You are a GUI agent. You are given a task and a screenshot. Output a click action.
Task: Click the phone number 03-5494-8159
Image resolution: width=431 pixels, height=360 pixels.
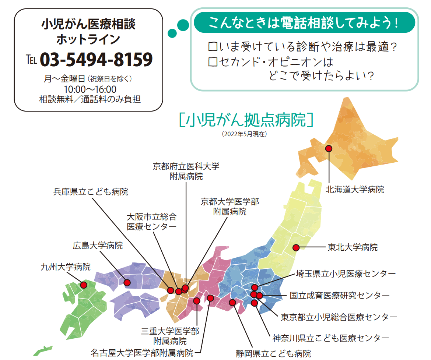[x=96, y=60]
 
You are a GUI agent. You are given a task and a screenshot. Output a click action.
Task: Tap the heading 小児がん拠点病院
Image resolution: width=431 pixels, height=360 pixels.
[x=246, y=120]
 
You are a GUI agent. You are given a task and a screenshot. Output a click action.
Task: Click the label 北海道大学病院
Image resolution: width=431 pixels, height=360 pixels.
[x=355, y=190]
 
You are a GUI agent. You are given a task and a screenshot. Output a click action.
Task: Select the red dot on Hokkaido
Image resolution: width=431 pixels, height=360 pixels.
[x=329, y=148]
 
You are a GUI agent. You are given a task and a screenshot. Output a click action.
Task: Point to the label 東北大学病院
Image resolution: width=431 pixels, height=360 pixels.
[x=353, y=247]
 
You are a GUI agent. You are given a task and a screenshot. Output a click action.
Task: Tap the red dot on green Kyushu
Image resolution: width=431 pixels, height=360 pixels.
[x=84, y=285]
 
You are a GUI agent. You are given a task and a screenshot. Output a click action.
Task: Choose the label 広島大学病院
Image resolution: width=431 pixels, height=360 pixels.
[x=98, y=246]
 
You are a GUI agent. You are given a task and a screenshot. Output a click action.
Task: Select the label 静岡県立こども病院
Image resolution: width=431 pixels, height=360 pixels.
[x=273, y=354]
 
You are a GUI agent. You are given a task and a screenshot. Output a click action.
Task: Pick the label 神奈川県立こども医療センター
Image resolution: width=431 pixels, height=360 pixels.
[x=330, y=338]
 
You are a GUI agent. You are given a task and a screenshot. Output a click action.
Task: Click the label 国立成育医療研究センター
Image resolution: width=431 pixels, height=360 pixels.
[x=339, y=295]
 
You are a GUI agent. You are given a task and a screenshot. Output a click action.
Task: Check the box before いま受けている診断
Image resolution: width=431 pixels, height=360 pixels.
[x=212, y=47]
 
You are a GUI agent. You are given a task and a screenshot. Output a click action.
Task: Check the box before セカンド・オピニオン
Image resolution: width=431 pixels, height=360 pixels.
[x=212, y=61]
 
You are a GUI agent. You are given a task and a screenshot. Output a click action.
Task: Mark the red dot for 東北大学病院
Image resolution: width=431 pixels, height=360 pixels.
[x=295, y=247]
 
